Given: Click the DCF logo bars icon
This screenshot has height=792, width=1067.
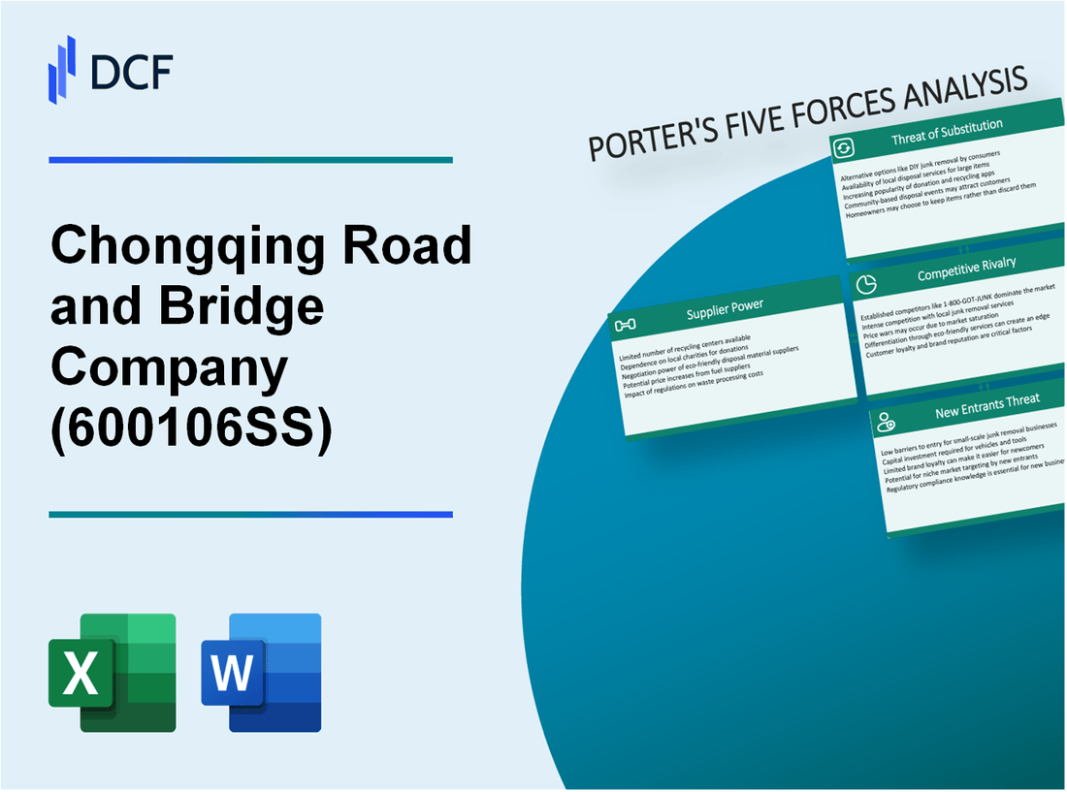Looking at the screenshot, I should pos(62,69).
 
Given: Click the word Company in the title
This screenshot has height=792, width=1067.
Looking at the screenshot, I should pos(171,368).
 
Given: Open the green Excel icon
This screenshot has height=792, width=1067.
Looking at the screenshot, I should pos(113,672).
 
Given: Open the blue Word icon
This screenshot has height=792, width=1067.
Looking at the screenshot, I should pos(261,672).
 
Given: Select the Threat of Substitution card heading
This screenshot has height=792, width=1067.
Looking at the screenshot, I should pos(947,138).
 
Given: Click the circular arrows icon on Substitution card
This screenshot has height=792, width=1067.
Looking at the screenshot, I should pos(844,147).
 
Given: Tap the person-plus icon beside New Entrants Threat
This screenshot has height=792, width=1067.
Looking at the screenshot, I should pos(886,422).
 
